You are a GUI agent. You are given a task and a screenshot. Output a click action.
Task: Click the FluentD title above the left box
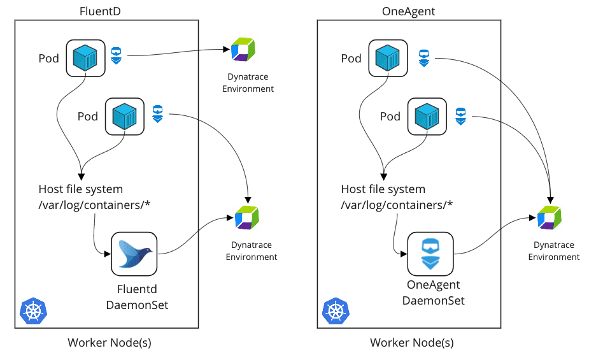[100, 11]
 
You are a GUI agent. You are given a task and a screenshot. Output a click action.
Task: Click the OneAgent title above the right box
[408, 11]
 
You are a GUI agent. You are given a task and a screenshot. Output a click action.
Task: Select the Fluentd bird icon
[134, 254]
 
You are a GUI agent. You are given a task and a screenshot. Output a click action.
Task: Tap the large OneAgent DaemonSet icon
[430, 254]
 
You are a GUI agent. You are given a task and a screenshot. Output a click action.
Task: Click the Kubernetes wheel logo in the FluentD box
[34, 311]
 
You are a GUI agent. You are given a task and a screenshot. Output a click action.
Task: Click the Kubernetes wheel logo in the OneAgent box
[336, 311]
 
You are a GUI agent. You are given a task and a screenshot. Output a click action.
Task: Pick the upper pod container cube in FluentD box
[85, 58]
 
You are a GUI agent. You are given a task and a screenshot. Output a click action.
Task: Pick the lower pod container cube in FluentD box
[124, 116]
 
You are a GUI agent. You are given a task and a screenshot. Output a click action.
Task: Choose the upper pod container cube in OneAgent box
[388, 58]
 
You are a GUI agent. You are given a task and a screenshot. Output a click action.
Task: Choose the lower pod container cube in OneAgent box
[427, 116]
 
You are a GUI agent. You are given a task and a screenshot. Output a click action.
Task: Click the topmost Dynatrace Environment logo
[243, 49]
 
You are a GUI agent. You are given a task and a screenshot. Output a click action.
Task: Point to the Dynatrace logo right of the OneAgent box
[549, 217]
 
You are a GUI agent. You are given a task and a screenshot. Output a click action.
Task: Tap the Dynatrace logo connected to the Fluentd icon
[247, 217]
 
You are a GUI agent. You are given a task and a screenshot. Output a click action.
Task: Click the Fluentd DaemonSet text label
[137, 297]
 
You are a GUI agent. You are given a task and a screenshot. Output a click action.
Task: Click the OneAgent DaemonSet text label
[434, 292]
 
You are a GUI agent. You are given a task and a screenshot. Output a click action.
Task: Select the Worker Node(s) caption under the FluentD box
[110, 342]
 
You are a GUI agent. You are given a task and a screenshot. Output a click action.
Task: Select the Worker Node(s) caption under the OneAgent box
[412, 342]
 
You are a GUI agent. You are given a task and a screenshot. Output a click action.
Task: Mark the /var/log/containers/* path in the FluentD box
[94, 205]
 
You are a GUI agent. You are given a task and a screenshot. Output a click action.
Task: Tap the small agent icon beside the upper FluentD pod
[117, 55]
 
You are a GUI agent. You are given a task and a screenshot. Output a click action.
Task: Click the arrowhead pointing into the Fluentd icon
[108, 254]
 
